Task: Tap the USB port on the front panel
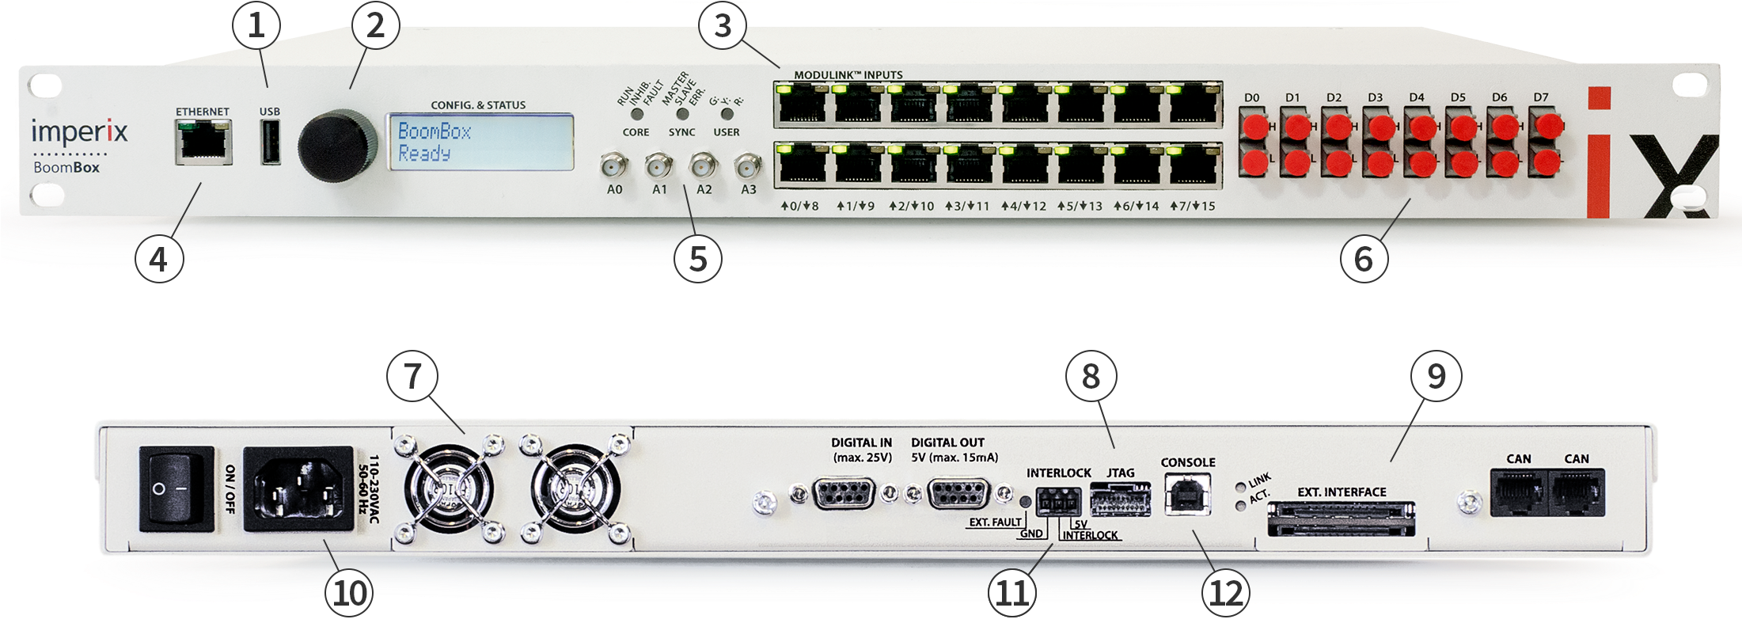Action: click(270, 142)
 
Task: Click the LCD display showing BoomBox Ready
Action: click(480, 142)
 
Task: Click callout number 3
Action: click(722, 25)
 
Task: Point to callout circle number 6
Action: click(1363, 258)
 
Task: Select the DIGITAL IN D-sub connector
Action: click(843, 495)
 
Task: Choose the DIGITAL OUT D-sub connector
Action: click(957, 495)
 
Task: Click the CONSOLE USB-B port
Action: click(1187, 495)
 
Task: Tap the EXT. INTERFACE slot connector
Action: click(1342, 518)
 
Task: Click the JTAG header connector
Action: click(1120, 500)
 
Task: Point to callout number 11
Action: click(1012, 594)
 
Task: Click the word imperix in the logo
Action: click(79, 131)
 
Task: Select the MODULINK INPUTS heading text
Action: click(848, 75)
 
